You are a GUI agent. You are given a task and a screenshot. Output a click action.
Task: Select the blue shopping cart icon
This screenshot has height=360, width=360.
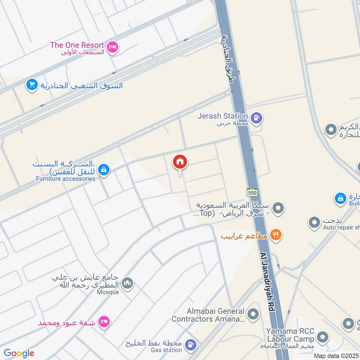(x=31, y=85)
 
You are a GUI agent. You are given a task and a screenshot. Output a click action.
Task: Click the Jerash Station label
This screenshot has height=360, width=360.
(x=223, y=116)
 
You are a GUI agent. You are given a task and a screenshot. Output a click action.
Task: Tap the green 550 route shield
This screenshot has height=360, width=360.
(x=252, y=192)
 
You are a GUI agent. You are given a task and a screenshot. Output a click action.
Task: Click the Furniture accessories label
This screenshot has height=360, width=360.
(x=66, y=178)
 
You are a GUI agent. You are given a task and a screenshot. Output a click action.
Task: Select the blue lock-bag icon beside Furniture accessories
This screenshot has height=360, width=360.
(x=104, y=170)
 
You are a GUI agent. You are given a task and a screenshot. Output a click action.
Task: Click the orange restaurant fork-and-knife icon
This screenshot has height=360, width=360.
(x=276, y=235)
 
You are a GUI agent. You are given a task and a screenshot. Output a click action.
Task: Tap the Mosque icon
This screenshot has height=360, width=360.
(x=128, y=283)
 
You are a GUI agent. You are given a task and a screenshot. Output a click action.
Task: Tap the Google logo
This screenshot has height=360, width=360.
(x=19, y=353)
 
